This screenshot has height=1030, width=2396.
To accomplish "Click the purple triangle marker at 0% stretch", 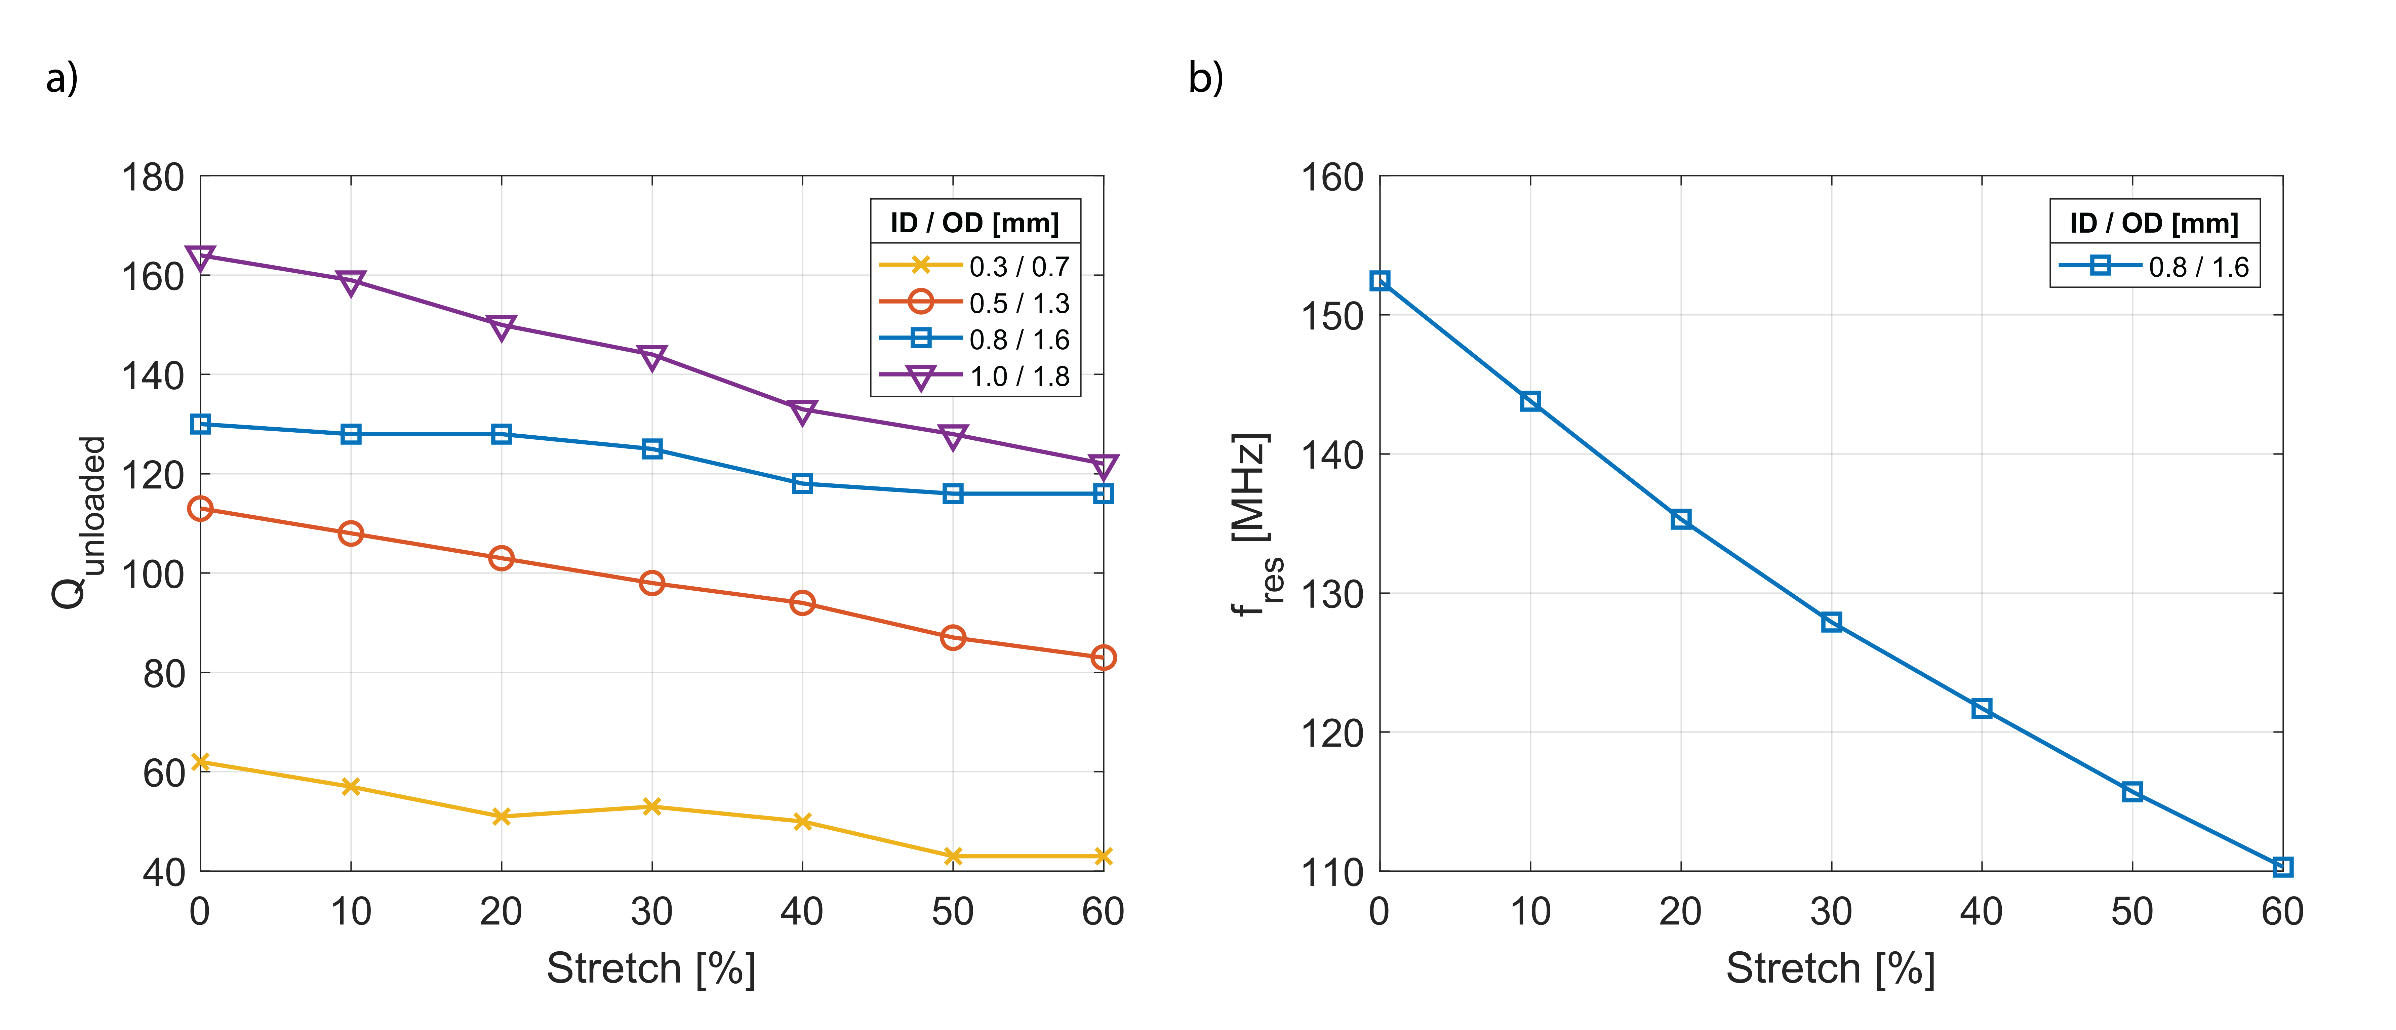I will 200,257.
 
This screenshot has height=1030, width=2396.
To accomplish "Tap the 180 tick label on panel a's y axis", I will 154,177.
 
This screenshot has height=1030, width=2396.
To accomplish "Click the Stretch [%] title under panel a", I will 651,968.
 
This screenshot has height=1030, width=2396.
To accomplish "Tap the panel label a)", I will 62,78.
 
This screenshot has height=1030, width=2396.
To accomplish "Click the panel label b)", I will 1205,78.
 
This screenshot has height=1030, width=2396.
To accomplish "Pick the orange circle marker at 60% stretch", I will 1103,658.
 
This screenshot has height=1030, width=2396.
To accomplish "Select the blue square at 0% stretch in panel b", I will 1380,281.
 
